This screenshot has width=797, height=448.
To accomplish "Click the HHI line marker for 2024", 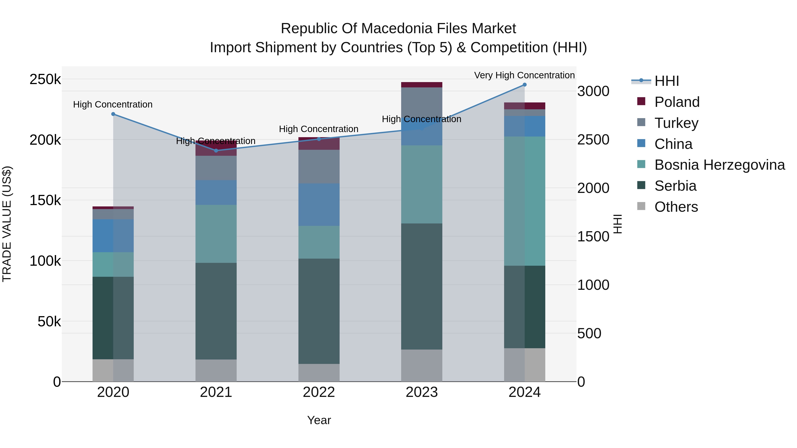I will [x=524, y=85].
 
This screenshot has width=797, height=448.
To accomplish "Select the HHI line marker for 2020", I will [x=113, y=114].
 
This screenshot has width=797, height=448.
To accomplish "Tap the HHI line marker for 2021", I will [x=216, y=151].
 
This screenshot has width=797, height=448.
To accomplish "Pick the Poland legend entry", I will [x=677, y=102].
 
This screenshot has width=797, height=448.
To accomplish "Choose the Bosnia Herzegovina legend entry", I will [x=719, y=165].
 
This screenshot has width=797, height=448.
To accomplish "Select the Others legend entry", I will [x=676, y=207].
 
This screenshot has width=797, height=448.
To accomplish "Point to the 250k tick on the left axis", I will [x=45, y=79].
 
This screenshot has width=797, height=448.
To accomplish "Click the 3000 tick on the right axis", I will [x=593, y=92].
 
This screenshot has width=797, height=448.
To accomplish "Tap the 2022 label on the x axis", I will [x=319, y=392].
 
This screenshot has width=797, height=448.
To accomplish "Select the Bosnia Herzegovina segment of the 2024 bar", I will [x=524, y=201].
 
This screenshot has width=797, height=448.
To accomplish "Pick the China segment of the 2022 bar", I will [x=319, y=205].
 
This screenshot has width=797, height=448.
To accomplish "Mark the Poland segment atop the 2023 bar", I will [x=422, y=85].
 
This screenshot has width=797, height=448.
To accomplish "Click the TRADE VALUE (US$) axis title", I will [x=7, y=224].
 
